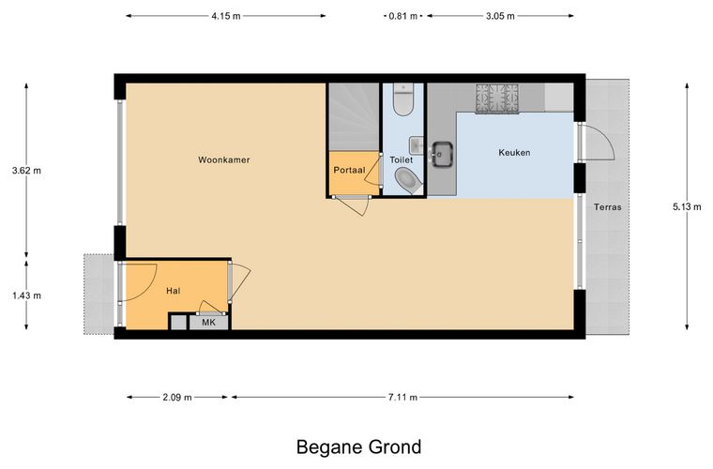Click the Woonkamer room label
(x=223, y=160)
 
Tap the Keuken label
(x=514, y=153)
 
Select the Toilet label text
(x=402, y=160)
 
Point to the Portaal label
(x=349, y=171)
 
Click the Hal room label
(x=174, y=291)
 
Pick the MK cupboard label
(x=208, y=323)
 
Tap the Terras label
(x=608, y=207)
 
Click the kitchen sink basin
(x=442, y=154)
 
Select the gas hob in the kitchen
(x=497, y=98)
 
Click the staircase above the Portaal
(x=354, y=117)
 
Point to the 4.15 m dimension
(x=226, y=16)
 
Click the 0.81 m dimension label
(x=402, y=16)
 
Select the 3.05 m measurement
(x=500, y=16)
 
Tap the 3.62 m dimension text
(x=26, y=171)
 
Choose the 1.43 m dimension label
(x=26, y=295)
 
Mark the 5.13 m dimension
(x=687, y=207)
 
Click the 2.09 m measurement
(x=177, y=398)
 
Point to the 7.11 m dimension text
(x=402, y=398)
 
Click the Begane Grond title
(x=358, y=446)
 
